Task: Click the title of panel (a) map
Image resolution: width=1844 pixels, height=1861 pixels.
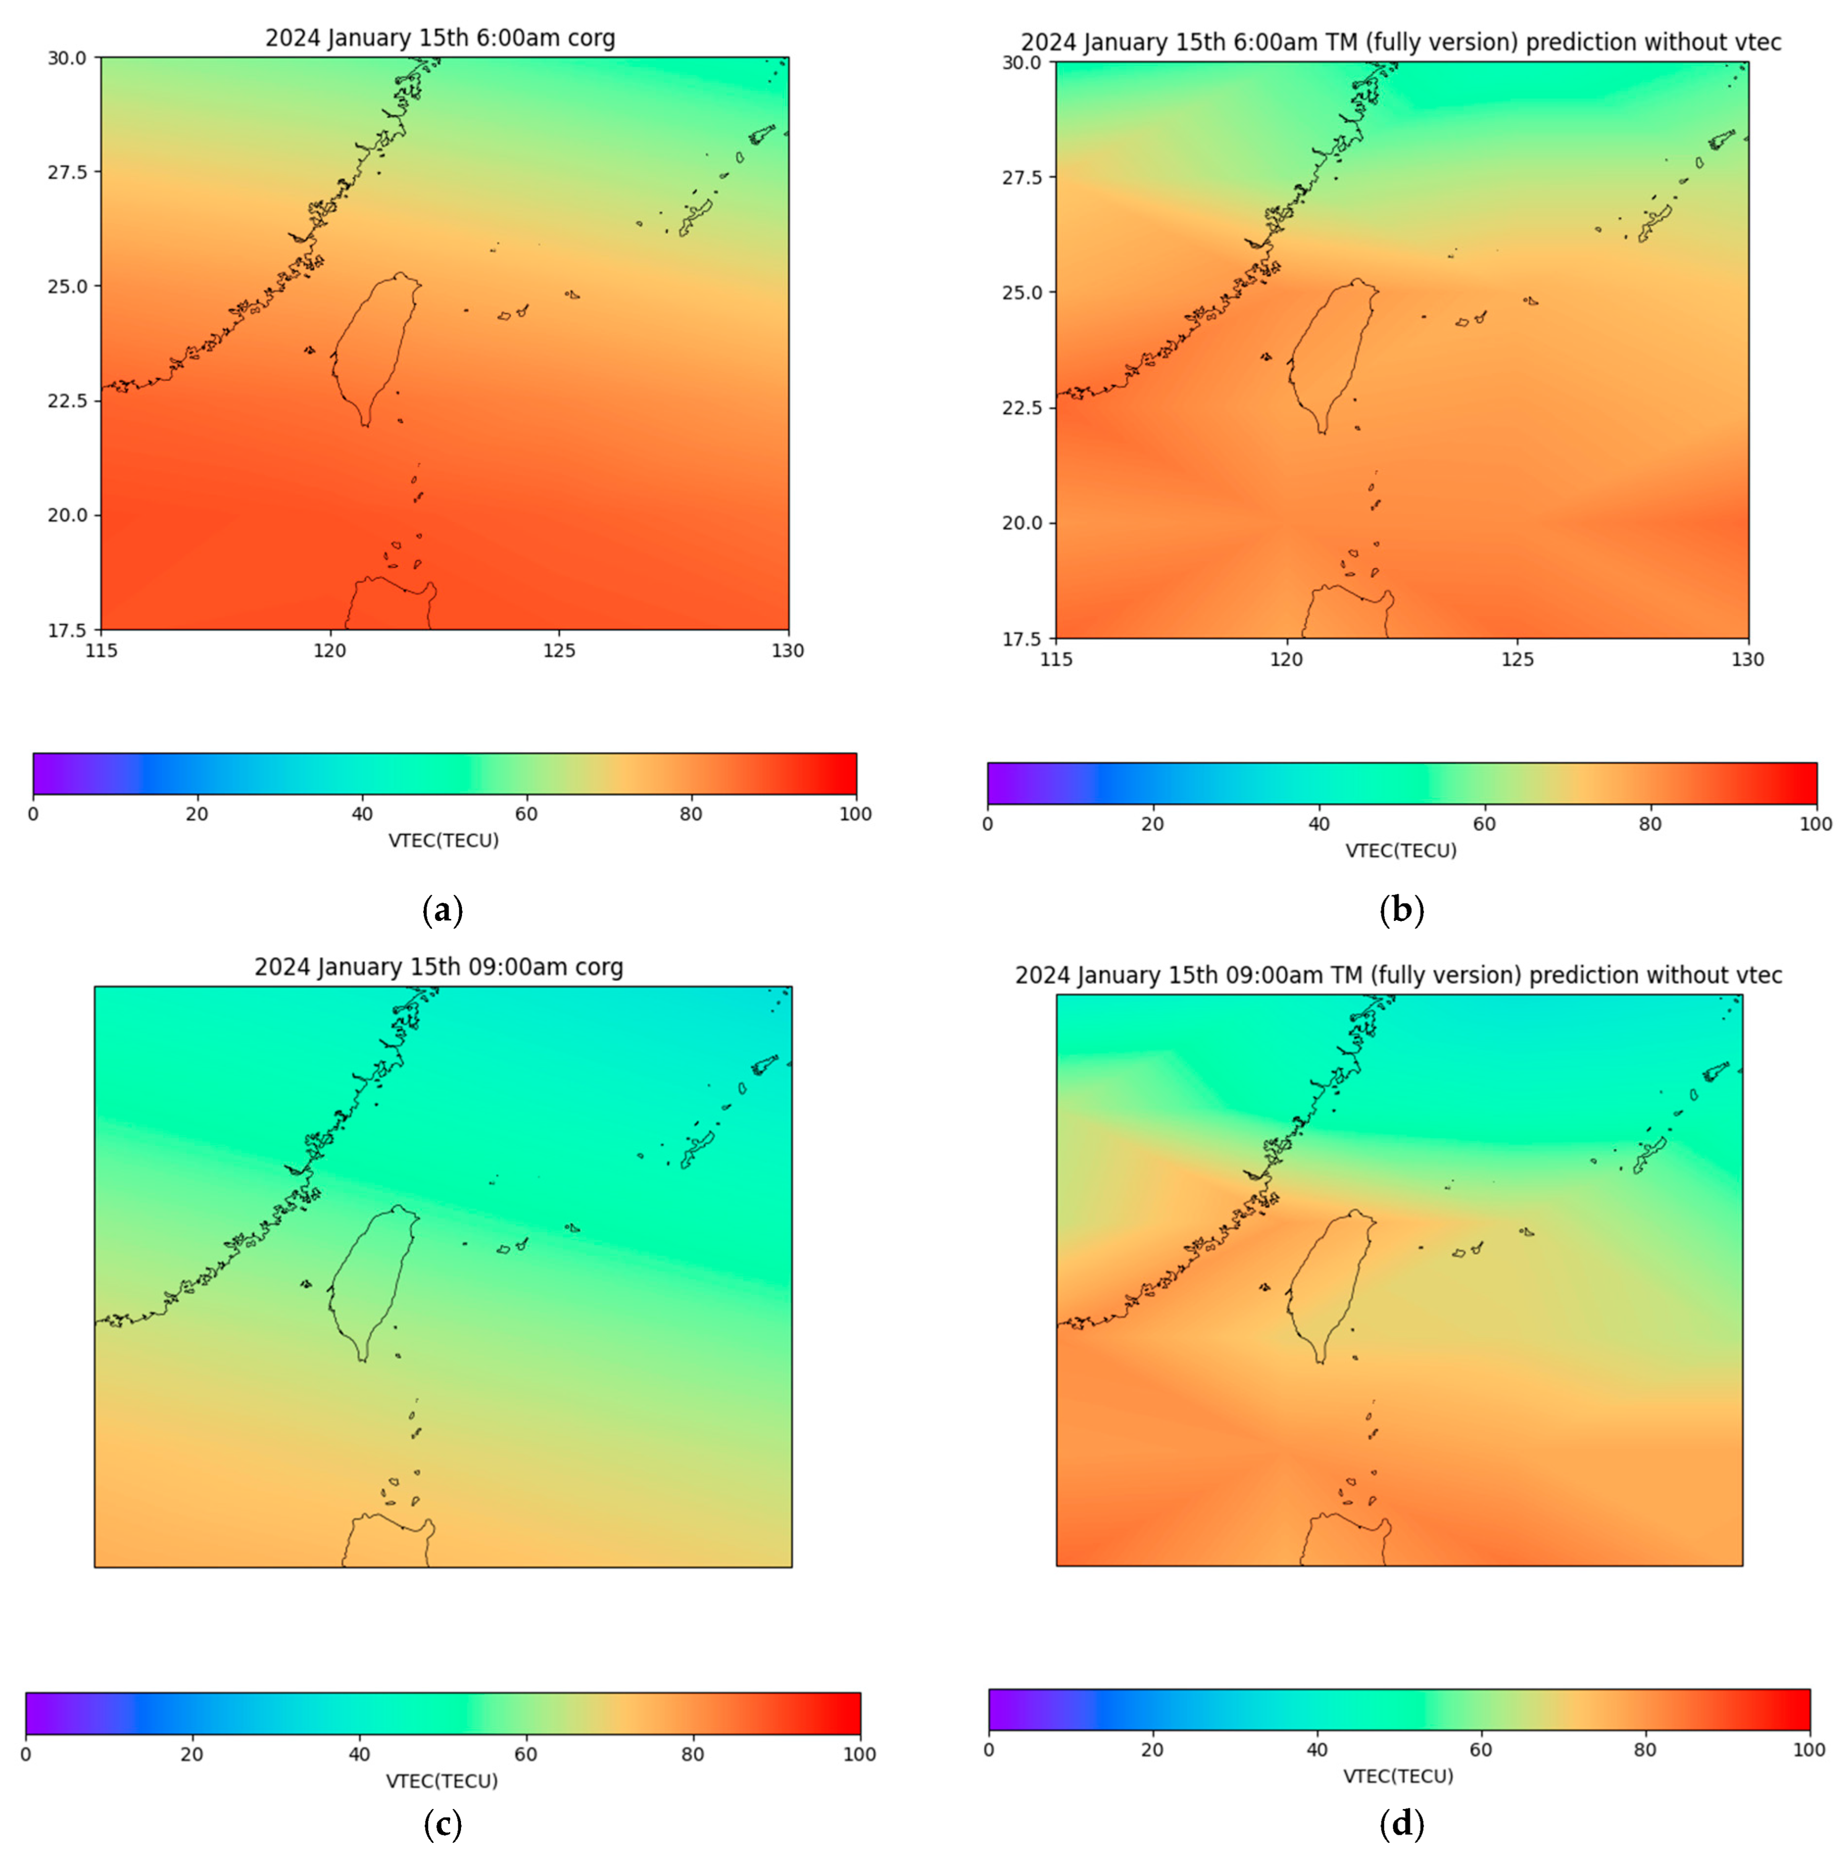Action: pyautogui.click(x=440, y=39)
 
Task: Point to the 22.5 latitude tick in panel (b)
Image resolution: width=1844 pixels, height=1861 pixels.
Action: pyautogui.click(x=1023, y=408)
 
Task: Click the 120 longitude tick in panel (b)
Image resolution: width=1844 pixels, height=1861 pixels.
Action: pyautogui.click(x=1287, y=660)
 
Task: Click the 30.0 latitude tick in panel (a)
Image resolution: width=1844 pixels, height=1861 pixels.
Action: pyautogui.click(x=68, y=58)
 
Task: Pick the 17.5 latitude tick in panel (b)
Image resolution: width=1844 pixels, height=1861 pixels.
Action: pyautogui.click(x=1023, y=639)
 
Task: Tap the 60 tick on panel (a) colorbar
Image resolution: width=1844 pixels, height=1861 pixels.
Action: pyautogui.click(x=526, y=815)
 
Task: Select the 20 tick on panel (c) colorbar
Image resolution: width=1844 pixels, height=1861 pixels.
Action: pyautogui.click(x=192, y=1754)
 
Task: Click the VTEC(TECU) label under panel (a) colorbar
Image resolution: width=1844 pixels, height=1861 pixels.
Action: pyautogui.click(x=444, y=841)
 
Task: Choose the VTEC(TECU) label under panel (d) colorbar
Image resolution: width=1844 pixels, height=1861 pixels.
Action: pyautogui.click(x=1398, y=1775)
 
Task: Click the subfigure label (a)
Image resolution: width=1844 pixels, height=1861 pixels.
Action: pyautogui.click(x=443, y=910)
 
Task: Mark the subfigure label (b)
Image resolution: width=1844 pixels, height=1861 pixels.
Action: pyautogui.click(x=1401, y=910)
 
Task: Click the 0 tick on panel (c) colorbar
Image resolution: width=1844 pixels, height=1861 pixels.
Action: pyautogui.click(x=26, y=1754)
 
